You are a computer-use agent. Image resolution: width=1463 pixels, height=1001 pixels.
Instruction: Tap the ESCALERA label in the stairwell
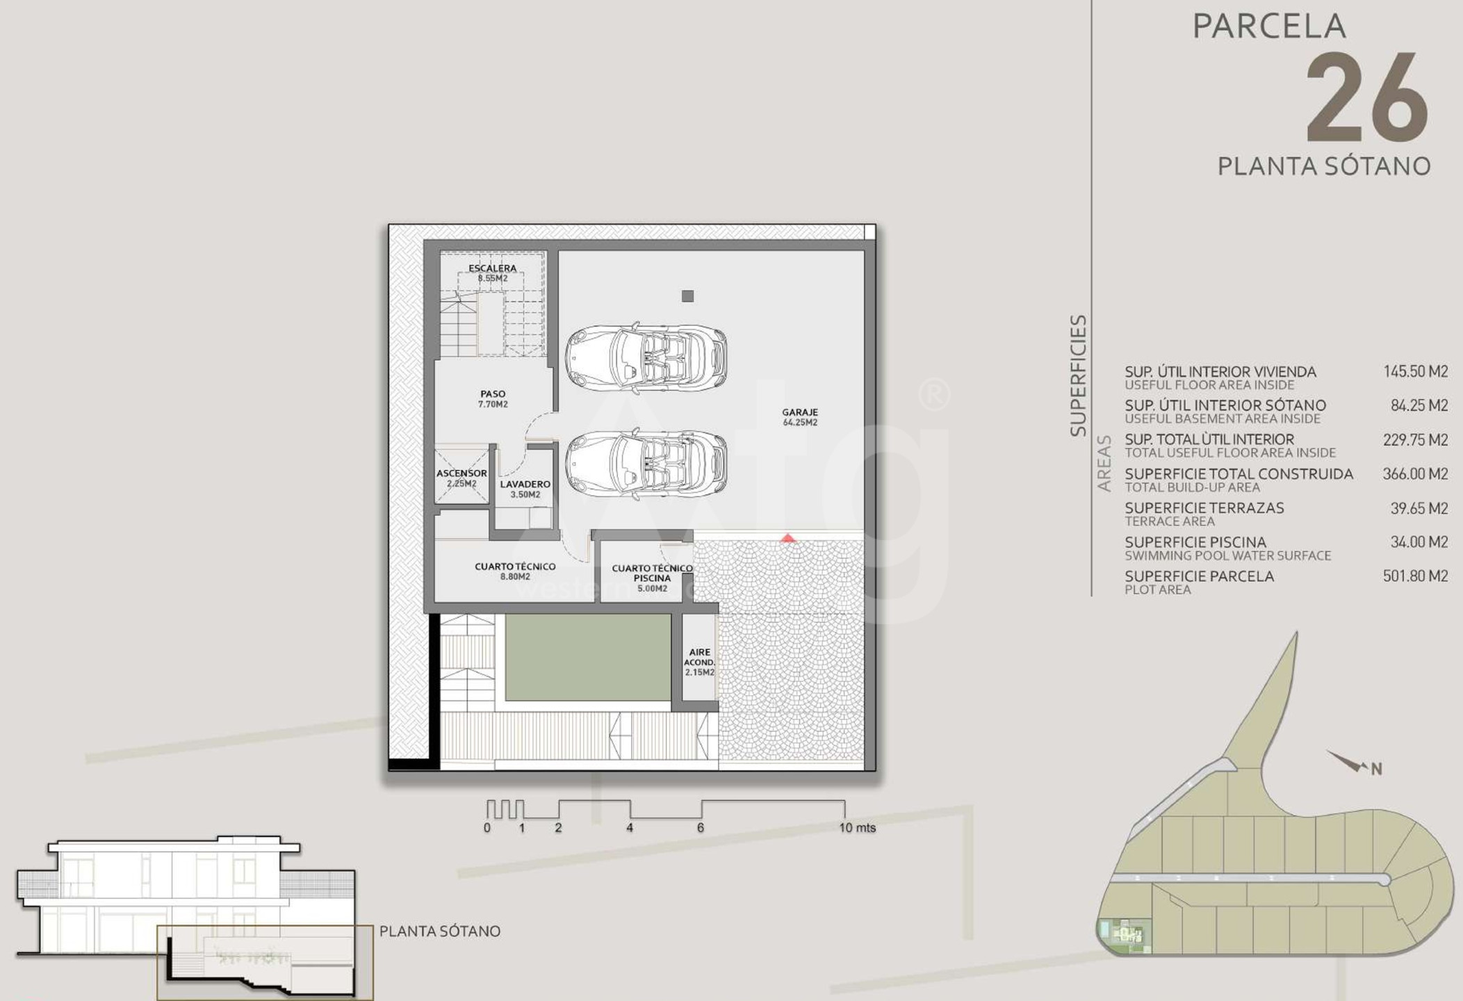[x=492, y=268]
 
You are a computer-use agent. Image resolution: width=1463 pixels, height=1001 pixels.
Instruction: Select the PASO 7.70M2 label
[x=493, y=398]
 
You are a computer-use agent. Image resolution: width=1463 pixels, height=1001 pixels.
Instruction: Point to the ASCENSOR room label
[x=461, y=473]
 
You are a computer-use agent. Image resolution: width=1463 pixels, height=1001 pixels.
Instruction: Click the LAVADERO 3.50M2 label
[x=525, y=489]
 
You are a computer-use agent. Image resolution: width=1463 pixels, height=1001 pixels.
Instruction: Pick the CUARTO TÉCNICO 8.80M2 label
[x=515, y=571]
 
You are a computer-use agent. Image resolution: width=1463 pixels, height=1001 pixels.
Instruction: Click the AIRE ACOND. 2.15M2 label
[x=699, y=662]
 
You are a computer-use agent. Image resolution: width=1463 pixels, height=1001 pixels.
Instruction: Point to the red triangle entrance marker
[x=787, y=538]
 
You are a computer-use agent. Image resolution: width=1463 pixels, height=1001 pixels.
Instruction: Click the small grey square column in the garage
[x=687, y=296]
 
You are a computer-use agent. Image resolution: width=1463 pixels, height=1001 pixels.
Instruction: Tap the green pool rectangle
[x=588, y=658]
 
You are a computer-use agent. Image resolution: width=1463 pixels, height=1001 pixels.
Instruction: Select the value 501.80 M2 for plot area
[x=1415, y=576]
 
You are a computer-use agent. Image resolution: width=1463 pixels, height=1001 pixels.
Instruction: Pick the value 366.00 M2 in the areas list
[x=1415, y=474]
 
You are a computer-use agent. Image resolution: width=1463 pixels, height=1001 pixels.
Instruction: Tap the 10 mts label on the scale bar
[x=857, y=827]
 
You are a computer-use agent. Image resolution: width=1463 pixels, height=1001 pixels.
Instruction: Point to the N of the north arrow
[x=1376, y=769]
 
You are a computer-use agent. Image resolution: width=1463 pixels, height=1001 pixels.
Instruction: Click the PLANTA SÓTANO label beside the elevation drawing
[x=440, y=931]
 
